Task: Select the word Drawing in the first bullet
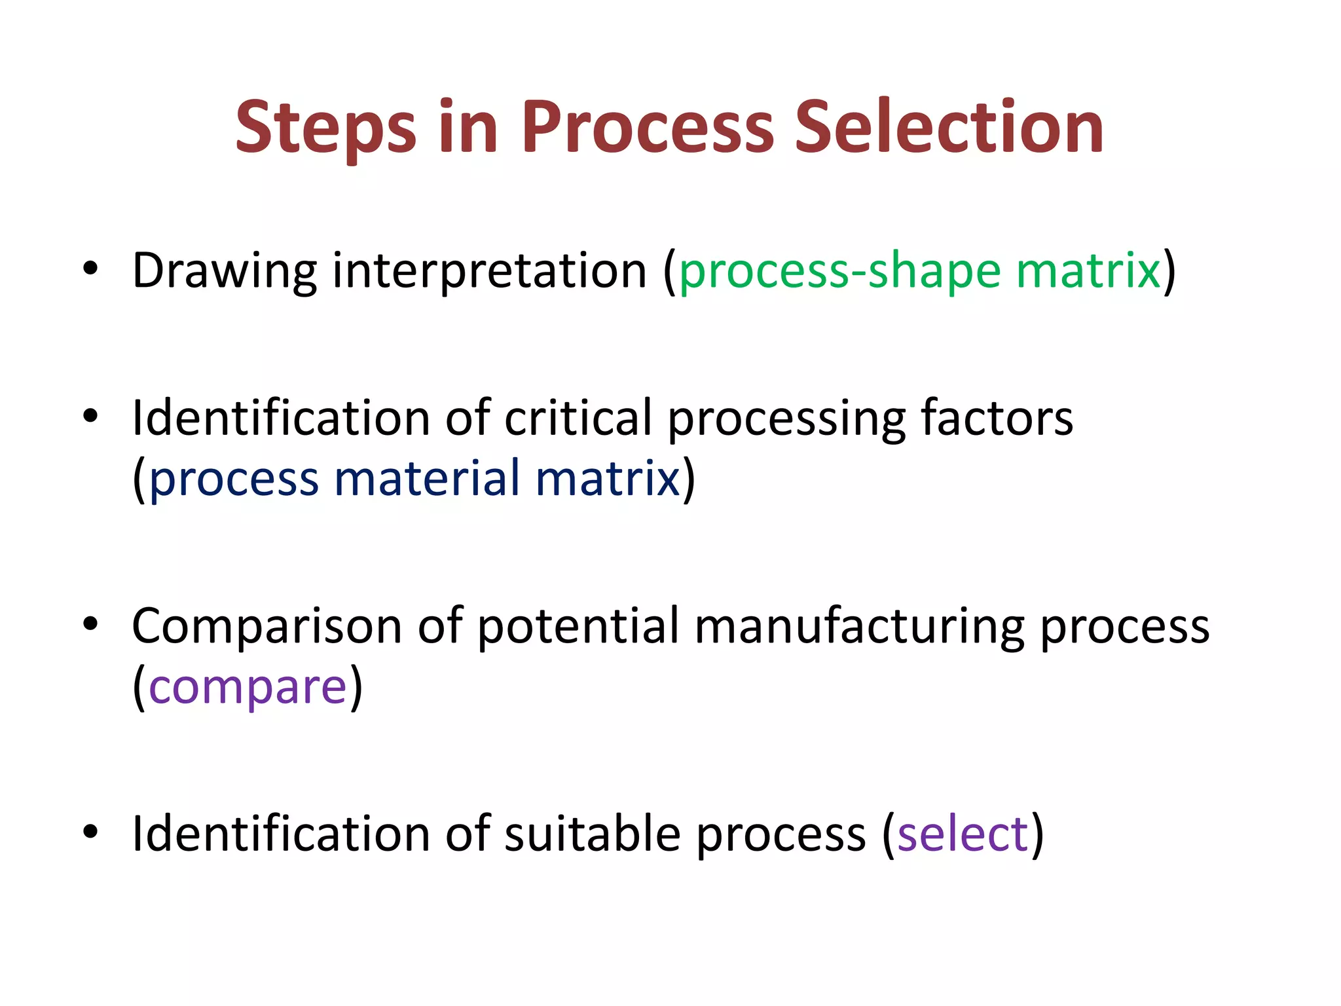[x=225, y=271]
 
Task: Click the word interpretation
[x=490, y=271]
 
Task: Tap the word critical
[x=578, y=418]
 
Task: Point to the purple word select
[x=963, y=834]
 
